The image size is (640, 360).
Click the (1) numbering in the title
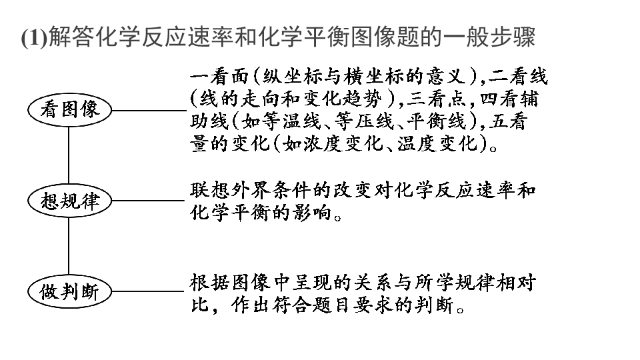pyautogui.click(x=34, y=37)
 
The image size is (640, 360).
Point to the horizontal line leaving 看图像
pyautogui.click(x=149, y=110)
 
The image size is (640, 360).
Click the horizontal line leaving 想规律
pyautogui.click(x=148, y=201)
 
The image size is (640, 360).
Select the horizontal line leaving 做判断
pyautogui.click(x=148, y=291)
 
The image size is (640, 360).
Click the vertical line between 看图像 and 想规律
pyautogui.click(x=69, y=155)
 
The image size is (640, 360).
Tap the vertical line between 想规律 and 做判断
pyautogui.click(x=69, y=246)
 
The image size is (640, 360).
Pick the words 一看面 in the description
pyautogui.click(x=219, y=76)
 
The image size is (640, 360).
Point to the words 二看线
pyautogui.click(x=517, y=76)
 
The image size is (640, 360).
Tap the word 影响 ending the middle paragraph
pyautogui.click(x=312, y=213)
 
